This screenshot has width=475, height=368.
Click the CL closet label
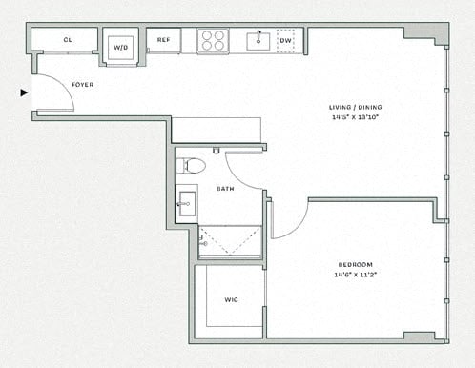tap(68, 41)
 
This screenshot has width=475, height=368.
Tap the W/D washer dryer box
tap(121, 47)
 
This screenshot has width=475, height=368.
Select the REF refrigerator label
tap(163, 41)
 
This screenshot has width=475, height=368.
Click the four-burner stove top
tap(212, 41)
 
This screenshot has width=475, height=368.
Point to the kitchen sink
tap(258, 41)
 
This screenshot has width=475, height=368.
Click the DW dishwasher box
tap(285, 41)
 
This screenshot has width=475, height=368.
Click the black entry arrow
tap(24, 92)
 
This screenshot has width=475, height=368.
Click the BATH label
tap(225, 189)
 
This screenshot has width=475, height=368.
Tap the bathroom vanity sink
tap(187, 204)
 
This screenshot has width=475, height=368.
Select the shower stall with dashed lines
tap(230, 241)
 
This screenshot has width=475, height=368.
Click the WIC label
tap(231, 299)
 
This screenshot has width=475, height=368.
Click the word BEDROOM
tap(355, 264)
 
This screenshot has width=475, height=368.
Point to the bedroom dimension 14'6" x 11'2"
tap(355, 275)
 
